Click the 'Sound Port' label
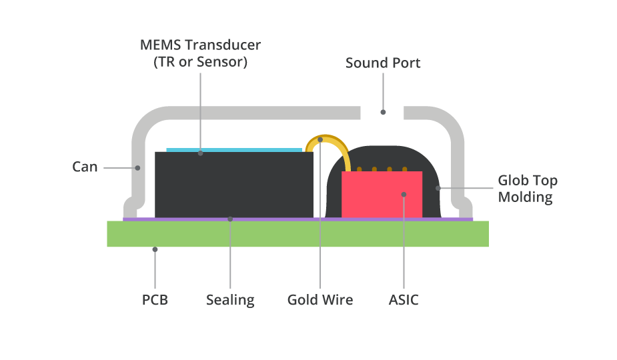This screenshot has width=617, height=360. point(383,63)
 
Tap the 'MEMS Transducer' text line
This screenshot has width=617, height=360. point(200,45)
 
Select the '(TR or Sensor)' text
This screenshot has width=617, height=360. point(200,62)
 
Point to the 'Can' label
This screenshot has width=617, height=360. point(85,167)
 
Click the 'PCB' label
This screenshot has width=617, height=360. point(155,300)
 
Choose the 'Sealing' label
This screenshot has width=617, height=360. point(230,300)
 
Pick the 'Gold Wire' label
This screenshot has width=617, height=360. point(320,300)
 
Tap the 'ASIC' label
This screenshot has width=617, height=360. point(404,300)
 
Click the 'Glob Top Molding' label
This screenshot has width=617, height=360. point(527,189)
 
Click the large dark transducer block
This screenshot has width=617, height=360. point(233,187)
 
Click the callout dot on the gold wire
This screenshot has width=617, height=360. point(320,140)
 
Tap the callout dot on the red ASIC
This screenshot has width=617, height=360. point(404,195)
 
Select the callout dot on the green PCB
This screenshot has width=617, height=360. point(155,249)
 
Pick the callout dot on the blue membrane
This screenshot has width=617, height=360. point(200,153)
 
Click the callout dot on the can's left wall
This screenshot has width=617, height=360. point(138,167)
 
